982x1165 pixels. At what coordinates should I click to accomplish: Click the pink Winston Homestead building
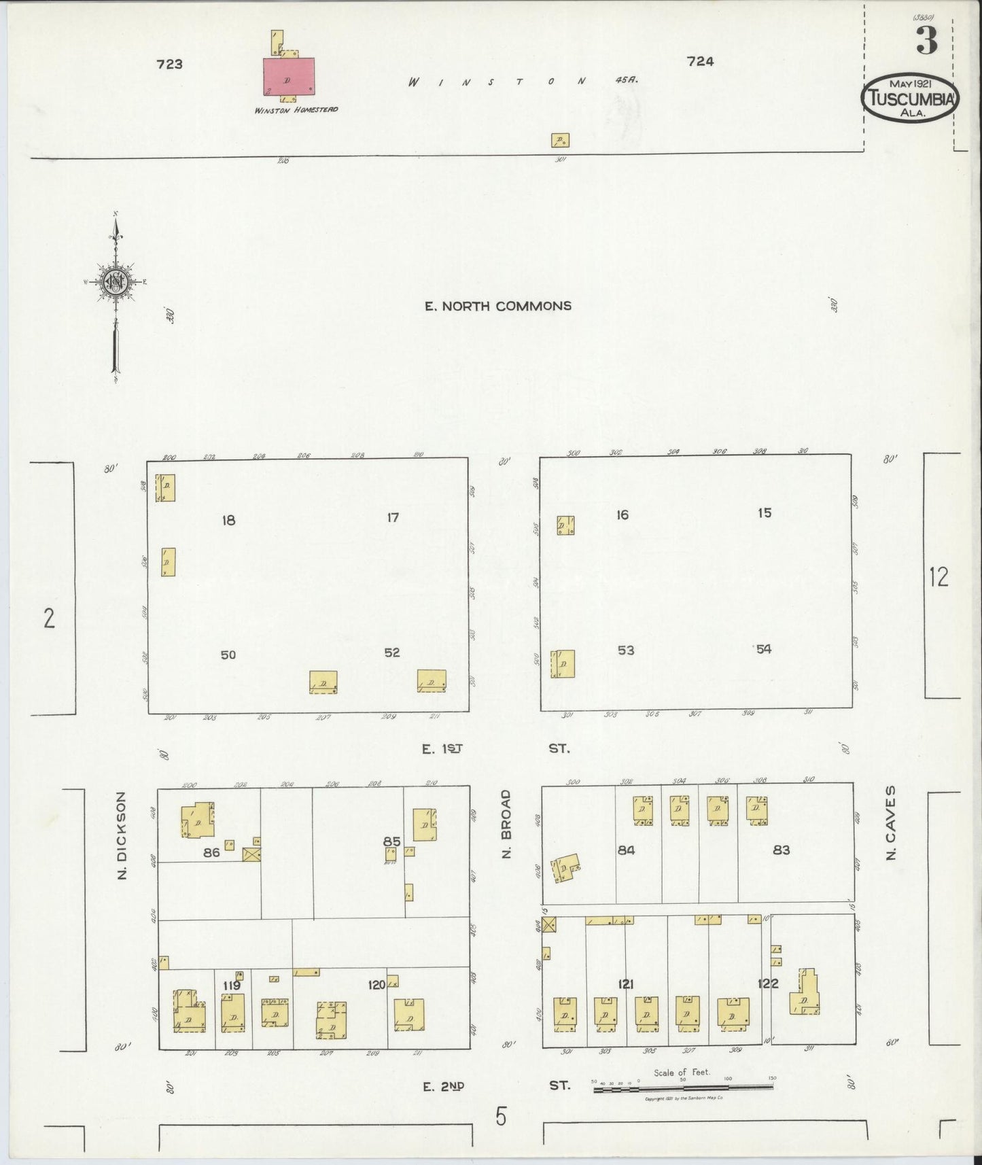pos(290,76)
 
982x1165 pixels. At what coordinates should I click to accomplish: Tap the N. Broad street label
pos(505,824)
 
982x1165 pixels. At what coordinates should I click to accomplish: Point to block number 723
pos(169,65)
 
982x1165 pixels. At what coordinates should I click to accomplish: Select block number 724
pos(700,62)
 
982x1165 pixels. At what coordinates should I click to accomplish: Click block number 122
pos(768,984)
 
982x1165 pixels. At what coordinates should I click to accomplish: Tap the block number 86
pos(211,852)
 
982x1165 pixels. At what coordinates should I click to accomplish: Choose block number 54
pos(764,649)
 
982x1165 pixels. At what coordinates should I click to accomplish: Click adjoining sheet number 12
pos(939,578)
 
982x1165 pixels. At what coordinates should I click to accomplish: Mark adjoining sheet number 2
pos(49,619)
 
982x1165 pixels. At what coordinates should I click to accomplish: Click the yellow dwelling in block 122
pos(805,994)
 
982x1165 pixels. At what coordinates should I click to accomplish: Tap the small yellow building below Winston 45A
pos(560,141)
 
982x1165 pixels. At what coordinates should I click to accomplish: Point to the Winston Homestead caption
pos(296,109)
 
